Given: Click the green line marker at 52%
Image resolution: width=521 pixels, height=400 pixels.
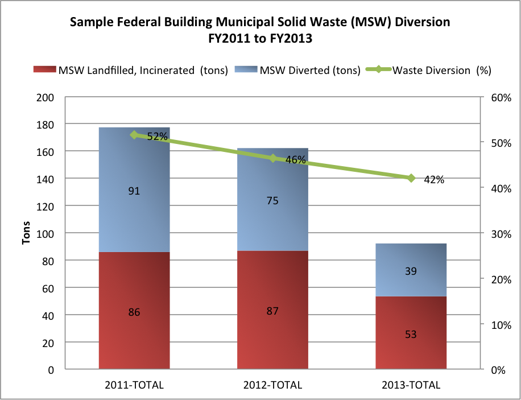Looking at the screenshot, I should (x=134, y=135).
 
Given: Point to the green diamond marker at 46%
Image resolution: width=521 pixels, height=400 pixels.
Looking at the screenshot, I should (x=273, y=158).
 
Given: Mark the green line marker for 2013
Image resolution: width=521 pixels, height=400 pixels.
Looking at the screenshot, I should (x=411, y=178).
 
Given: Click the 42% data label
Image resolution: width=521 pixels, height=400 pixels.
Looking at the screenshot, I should (x=433, y=180).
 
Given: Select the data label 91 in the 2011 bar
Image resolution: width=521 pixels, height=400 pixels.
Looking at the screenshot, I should (x=134, y=191).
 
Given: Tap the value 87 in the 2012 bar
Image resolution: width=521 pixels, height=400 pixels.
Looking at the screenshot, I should (x=273, y=311).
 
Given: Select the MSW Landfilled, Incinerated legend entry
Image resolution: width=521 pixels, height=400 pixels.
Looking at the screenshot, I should (x=142, y=71).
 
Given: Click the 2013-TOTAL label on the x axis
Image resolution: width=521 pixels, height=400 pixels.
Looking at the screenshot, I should (x=411, y=385).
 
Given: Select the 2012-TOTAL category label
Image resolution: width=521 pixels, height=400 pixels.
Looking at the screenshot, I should (x=273, y=385).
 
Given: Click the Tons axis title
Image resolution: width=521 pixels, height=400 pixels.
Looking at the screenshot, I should (x=26, y=233).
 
